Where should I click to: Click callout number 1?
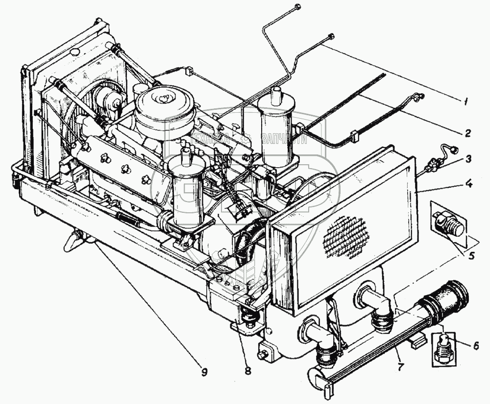465,101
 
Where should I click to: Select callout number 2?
468,132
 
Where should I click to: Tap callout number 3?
468,159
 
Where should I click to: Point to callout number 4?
468,184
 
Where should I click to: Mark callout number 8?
248,371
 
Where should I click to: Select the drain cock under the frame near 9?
73,241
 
